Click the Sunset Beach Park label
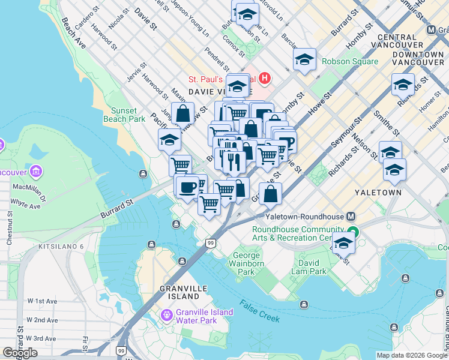(x=128, y=115)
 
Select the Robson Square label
(x=350, y=61)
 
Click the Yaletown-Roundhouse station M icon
(x=351, y=217)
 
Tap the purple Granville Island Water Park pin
(x=166, y=314)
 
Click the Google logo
(x=19, y=353)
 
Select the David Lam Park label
(x=311, y=267)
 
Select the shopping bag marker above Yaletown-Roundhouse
(x=271, y=193)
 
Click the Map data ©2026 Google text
(x=412, y=355)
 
